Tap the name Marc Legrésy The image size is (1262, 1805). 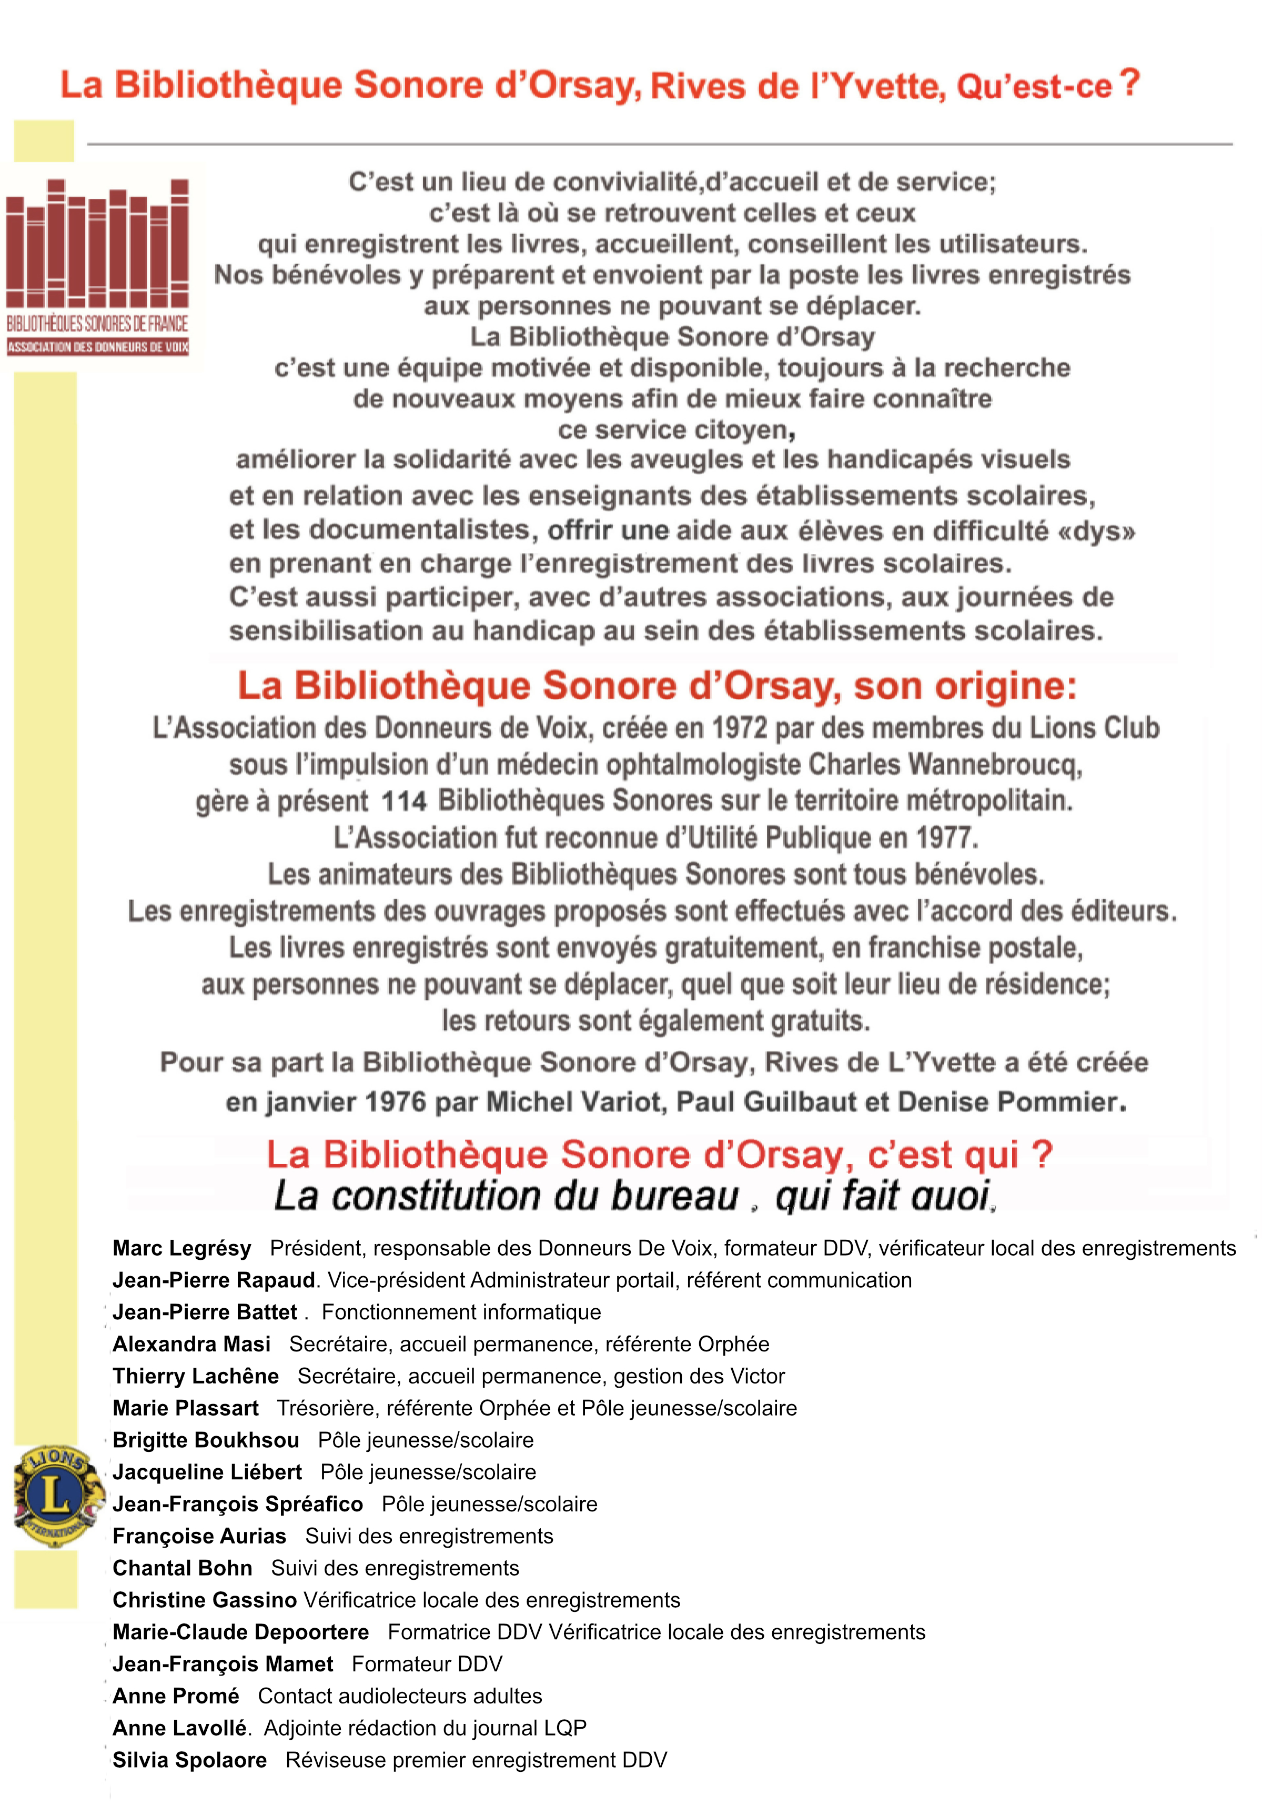[181, 1248]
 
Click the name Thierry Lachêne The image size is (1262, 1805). [196, 1376]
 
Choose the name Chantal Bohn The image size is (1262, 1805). [183, 1568]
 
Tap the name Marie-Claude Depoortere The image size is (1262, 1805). [240, 1632]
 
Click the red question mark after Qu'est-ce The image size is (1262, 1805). [1129, 83]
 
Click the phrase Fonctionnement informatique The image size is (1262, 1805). [461, 1311]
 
